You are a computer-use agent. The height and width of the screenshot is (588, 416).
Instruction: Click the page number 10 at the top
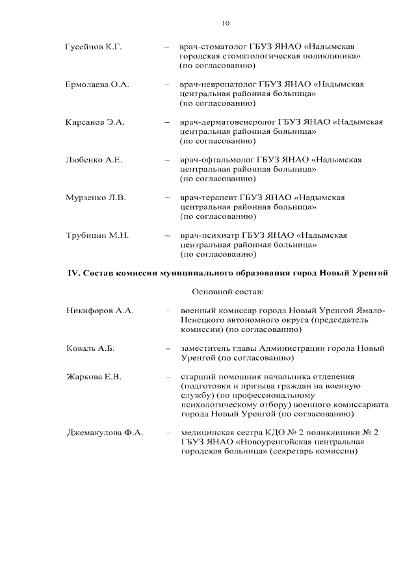[x=225, y=24]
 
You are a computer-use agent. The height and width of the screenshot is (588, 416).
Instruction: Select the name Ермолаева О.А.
[x=97, y=84]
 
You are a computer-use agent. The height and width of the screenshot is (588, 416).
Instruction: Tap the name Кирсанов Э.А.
[x=95, y=122]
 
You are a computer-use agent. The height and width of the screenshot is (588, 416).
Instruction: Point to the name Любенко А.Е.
[x=94, y=160]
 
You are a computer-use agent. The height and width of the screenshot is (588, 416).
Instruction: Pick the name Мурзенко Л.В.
[x=96, y=198]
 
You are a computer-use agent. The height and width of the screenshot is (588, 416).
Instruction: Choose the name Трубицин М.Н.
[x=97, y=235]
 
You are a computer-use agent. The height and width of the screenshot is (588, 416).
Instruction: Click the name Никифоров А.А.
[x=99, y=311]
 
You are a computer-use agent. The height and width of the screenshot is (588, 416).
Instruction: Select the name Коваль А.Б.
[x=90, y=349]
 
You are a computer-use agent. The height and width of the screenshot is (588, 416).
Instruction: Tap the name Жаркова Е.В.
[x=94, y=377]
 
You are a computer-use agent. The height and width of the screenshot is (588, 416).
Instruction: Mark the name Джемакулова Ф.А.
[x=105, y=433]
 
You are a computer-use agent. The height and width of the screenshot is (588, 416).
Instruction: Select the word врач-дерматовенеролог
[x=227, y=122]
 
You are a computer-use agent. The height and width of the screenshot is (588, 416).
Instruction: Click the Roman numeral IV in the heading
[x=73, y=273]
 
